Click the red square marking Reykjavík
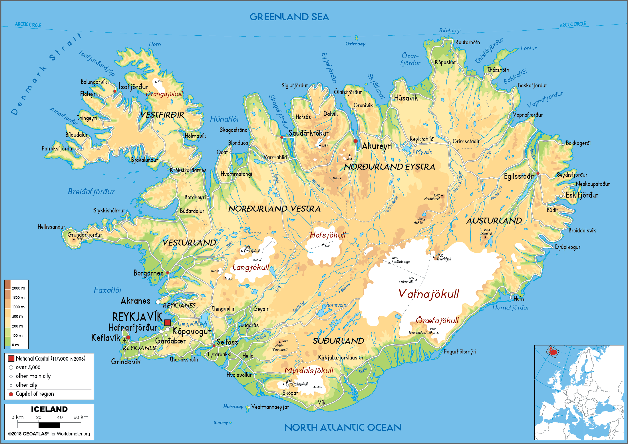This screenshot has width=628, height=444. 168,323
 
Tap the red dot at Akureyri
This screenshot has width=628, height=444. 355,141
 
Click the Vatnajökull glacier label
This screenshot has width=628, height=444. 428,294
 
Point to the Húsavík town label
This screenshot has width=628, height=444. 406,98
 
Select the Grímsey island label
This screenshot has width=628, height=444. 355,44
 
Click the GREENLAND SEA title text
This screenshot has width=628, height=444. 289,17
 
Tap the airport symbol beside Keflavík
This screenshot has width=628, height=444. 124,340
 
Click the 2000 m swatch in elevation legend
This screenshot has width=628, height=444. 7,285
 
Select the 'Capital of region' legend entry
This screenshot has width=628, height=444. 35,394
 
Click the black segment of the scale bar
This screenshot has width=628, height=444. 49,425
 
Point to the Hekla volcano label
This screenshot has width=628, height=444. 279,346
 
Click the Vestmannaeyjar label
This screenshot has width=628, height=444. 270,407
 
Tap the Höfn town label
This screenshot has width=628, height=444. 518,299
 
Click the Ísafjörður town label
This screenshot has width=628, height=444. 133,87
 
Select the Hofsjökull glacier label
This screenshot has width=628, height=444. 328,235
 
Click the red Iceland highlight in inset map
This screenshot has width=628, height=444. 553,351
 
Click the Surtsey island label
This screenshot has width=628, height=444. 221,423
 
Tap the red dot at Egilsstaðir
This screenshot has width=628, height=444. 538,173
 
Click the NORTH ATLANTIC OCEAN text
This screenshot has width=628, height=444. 343,427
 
